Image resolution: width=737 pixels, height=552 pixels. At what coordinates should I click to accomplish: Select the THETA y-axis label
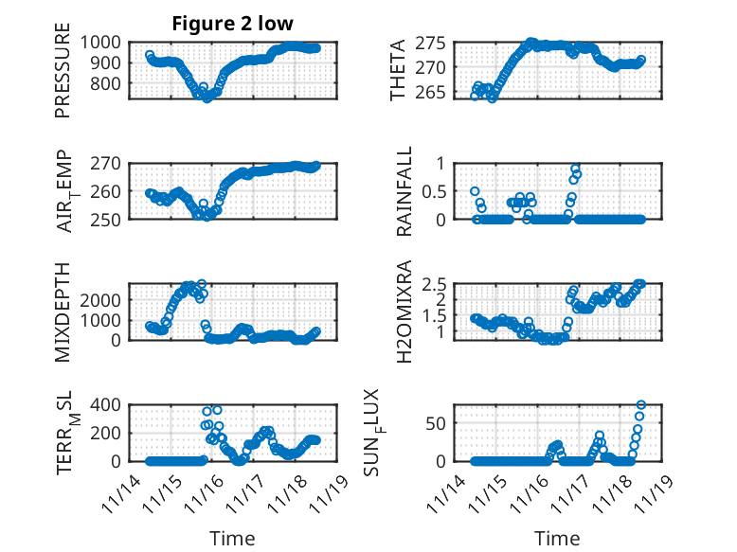click(399, 71)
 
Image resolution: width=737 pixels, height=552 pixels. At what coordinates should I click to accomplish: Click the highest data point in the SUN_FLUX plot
click(641, 405)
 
